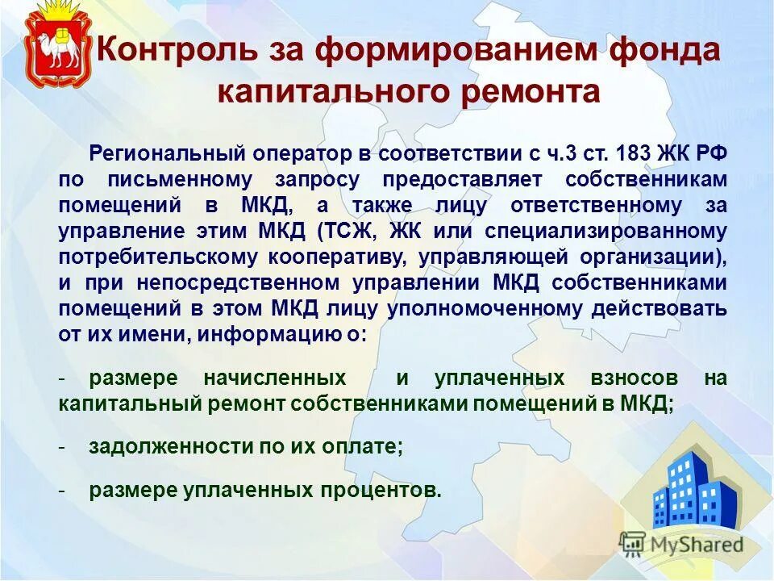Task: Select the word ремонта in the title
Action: coord(531,91)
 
